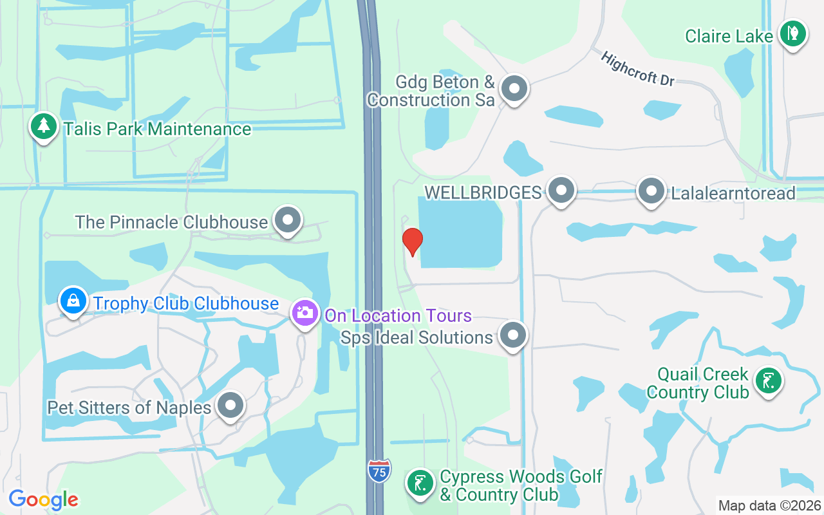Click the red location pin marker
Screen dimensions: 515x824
point(412,241)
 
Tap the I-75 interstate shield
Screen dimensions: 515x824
point(379,471)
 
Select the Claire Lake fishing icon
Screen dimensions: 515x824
point(793,33)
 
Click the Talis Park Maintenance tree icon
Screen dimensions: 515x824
point(43,126)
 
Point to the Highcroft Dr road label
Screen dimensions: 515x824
point(637,69)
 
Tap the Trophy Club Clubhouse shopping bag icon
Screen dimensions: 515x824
point(74,301)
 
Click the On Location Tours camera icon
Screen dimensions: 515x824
point(305,314)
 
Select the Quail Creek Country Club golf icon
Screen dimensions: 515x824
point(768,380)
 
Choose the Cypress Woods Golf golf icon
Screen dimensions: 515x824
point(420,483)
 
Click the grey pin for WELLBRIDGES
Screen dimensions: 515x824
point(561,191)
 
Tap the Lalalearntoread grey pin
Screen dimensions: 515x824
point(651,191)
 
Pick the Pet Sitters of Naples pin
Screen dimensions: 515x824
point(230,406)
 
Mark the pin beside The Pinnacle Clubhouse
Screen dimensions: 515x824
point(288,220)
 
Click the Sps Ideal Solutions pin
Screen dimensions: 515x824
point(513,335)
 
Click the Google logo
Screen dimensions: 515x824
point(43,500)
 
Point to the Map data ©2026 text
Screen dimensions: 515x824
point(769,505)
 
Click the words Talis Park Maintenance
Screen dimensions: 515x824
point(157,129)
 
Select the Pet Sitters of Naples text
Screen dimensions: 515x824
point(129,407)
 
